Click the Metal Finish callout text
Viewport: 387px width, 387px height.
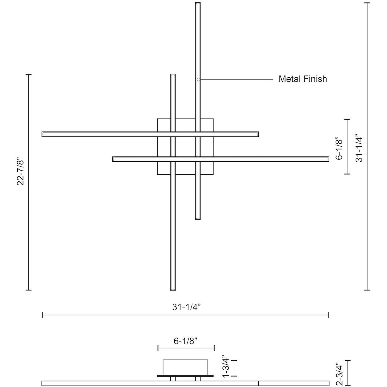coord(303,79)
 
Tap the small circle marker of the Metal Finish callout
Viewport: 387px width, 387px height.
coord(198,79)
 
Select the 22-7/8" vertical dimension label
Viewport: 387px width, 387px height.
coord(20,171)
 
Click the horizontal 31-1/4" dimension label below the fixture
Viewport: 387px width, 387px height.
coord(185,307)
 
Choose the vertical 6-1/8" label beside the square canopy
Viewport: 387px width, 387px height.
coord(339,148)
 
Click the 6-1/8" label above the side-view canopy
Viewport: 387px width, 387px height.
coord(186,341)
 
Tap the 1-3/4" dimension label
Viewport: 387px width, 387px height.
coord(226,367)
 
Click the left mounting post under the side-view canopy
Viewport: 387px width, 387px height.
coord(173,379)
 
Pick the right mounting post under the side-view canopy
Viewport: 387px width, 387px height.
coord(198,379)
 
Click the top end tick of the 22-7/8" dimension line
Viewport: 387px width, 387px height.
coord(28,75)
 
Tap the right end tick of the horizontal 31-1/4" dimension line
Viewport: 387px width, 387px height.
coord(329,315)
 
